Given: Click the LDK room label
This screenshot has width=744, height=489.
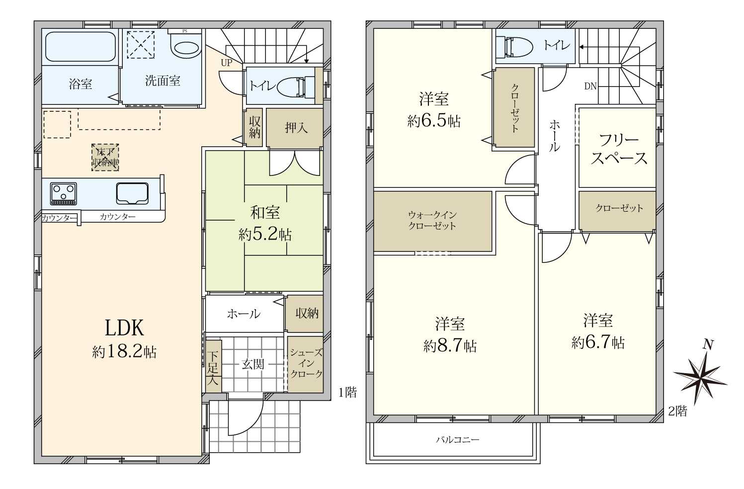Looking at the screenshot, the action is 125,328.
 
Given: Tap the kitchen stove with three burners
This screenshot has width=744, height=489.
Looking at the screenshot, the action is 64,193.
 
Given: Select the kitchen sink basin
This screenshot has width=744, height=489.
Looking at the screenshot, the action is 132,193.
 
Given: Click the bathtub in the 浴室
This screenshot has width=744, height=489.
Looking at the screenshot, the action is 80,47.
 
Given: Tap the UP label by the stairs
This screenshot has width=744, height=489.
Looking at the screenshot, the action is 227,63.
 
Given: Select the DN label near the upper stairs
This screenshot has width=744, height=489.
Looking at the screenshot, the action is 590,86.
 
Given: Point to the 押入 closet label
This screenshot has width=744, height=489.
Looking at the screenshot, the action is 296,128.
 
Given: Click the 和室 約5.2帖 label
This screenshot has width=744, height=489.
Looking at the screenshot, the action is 265,224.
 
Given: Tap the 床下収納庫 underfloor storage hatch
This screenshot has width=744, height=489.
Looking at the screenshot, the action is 105,158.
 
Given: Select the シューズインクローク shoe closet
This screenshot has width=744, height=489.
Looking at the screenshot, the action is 305,364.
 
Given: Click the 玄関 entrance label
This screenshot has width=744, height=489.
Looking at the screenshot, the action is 253,364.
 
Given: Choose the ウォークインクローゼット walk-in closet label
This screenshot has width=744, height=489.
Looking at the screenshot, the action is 432,221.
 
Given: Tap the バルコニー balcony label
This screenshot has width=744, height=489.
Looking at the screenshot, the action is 458,440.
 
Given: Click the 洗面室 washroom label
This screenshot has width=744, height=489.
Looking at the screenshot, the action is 163,81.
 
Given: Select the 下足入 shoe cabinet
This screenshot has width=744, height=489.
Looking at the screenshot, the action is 213,366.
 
